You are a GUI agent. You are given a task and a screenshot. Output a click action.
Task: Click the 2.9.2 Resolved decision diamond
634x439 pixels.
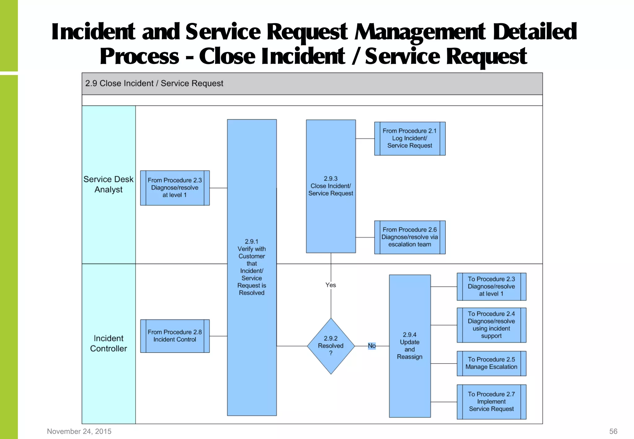331,346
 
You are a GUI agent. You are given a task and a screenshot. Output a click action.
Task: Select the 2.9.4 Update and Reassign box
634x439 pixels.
410,346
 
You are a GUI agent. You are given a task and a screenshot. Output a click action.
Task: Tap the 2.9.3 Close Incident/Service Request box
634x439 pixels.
331,186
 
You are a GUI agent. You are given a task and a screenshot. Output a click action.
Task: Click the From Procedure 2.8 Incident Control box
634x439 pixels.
175,336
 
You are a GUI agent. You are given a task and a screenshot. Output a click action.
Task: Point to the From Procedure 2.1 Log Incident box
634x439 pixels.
410,138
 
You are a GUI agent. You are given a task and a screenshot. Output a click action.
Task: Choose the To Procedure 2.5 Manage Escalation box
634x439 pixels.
491,363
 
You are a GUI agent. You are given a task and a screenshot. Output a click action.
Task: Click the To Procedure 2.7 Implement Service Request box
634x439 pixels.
491,402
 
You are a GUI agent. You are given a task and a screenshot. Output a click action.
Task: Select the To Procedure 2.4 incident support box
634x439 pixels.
491,325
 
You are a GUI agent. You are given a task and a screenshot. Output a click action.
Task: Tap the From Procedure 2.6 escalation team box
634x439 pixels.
410,237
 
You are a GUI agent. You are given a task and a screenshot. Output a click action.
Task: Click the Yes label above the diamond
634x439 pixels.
331,285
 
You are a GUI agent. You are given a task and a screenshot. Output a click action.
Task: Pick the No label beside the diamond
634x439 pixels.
372,346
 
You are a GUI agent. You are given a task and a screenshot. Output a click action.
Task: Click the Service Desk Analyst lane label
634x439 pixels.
108,185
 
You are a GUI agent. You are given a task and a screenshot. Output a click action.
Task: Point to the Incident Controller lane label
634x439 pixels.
108,343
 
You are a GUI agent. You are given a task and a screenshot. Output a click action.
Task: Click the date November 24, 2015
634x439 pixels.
79,431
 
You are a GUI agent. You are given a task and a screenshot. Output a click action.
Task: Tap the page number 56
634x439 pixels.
613,431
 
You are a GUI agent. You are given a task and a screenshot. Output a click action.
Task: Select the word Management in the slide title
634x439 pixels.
420,32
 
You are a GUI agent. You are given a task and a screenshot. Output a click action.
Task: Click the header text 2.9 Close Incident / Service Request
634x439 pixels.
154,84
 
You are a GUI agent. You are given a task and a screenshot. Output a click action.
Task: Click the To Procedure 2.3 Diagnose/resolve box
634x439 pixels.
491,286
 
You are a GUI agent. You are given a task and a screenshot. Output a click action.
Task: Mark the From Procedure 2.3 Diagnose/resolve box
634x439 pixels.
175,188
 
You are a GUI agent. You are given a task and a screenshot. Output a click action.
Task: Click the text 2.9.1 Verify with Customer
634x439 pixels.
252,249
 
